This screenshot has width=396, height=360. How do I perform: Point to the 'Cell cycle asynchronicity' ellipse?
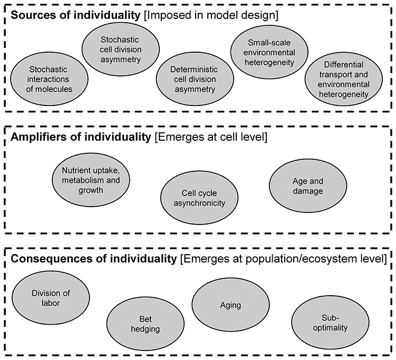[193, 198]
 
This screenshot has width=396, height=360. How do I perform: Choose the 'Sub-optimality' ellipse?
[327, 323]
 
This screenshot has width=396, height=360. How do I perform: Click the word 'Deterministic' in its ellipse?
[192, 69]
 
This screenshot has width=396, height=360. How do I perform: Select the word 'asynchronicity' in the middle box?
[193, 203]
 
